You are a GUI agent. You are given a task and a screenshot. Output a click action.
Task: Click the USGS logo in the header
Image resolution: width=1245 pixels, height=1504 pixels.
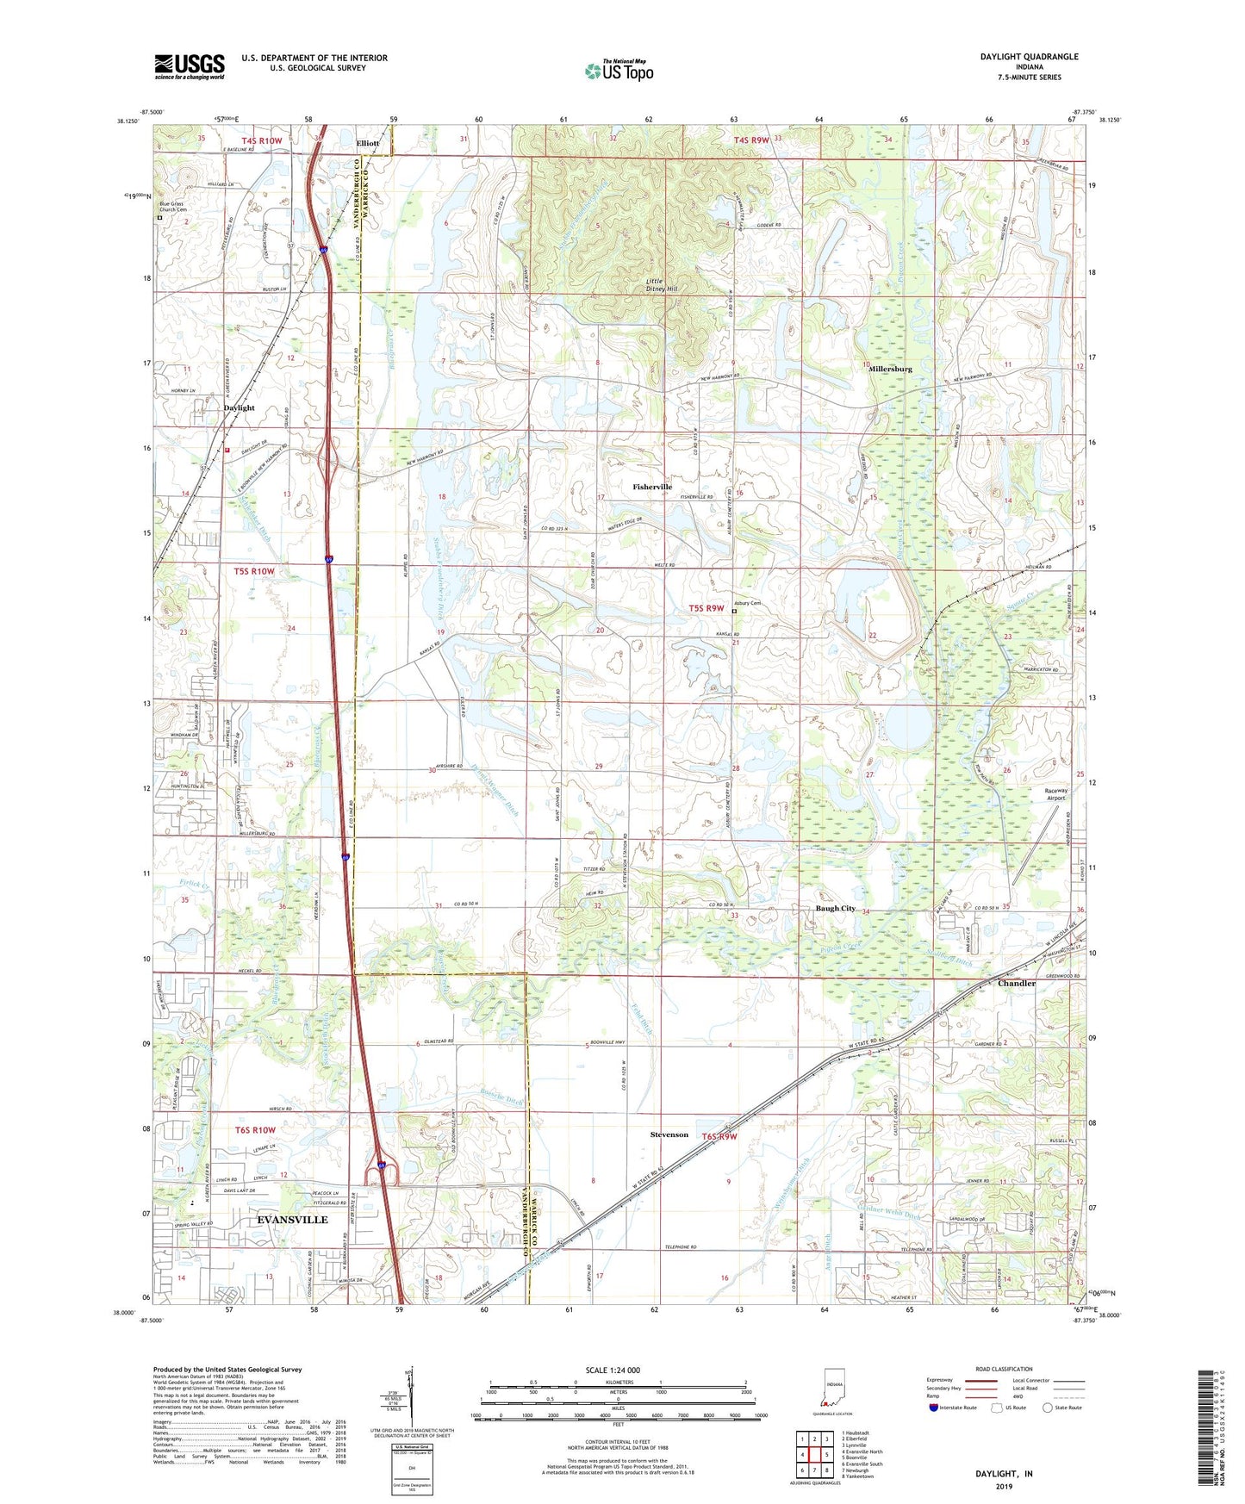[x=190, y=66]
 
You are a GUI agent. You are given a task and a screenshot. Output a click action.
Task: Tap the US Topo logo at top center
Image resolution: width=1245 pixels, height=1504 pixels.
[x=619, y=71]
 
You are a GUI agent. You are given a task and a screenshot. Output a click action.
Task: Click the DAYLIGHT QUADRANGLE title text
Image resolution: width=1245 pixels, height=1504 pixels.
[x=1029, y=57]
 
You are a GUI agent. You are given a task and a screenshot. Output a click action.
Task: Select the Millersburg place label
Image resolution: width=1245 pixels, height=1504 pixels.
[x=890, y=369]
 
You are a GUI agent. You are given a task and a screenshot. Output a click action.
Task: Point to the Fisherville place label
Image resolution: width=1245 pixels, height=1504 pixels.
[x=652, y=487]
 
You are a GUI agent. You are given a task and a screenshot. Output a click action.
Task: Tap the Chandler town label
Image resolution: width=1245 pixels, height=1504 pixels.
[x=1016, y=983]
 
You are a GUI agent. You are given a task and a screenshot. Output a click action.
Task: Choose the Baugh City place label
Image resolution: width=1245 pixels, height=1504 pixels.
[x=836, y=909]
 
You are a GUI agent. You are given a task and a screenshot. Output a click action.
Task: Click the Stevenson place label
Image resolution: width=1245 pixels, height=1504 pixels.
[x=669, y=1134]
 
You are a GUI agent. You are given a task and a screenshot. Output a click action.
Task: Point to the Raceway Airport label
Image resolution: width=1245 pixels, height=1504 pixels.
[x=1055, y=794]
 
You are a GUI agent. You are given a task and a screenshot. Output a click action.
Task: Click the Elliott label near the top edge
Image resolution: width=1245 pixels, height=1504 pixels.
[x=368, y=143]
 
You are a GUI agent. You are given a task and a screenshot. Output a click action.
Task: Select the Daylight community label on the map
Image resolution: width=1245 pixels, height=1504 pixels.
[x=239, y=407]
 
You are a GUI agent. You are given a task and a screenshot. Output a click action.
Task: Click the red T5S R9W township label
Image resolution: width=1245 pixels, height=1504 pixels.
[x=706, y=608]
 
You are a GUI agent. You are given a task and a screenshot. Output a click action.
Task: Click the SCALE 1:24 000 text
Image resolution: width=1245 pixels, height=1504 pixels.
[x=613, y=1370]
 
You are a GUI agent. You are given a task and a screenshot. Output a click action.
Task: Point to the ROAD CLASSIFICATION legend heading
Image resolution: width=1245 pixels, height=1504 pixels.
[x=1004, y=1369]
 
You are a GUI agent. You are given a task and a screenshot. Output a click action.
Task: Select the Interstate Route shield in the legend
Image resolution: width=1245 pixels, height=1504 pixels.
[x=934, y=1408]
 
